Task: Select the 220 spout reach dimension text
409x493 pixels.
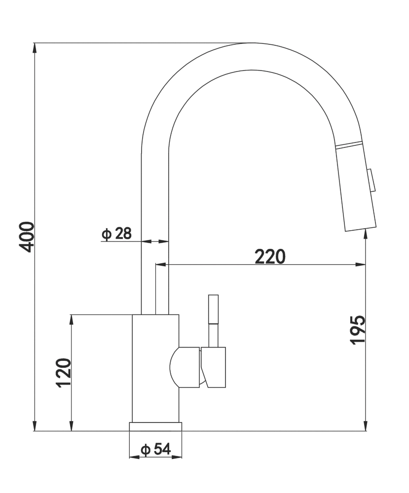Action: (x=270, y=256)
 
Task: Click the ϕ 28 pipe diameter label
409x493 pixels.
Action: (x=117, y=233)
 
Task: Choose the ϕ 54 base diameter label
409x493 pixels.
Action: (x=155, y=449)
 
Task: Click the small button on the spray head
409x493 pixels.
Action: (x=372, y=180)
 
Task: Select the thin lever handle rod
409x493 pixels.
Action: (x=213, y=320)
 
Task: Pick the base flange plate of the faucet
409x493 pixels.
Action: (x=155, y=426)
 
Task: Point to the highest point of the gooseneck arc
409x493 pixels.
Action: (x=252, y=44)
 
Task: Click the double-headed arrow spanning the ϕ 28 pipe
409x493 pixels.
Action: (x=155, y=241)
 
